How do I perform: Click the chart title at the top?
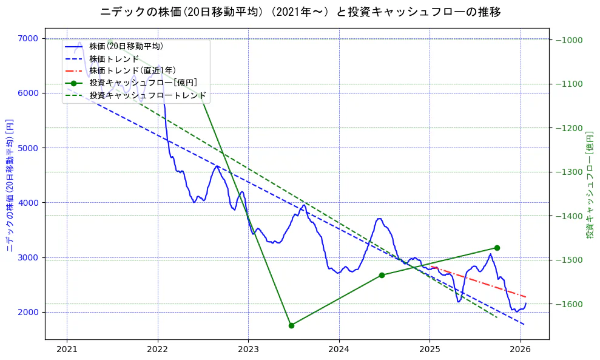[x=300, y=12]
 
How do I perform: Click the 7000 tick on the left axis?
[x=29, y=38]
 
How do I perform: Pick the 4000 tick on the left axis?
[x=29, y=203]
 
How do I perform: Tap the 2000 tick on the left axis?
[x=29, y=312]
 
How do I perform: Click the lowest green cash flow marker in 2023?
[x=291, y=325]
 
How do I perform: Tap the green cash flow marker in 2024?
[x=382, y=275]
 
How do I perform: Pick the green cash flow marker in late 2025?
[x=497, y=248]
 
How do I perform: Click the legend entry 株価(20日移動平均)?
[x=126, y=46]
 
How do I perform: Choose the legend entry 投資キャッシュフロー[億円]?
[x=143, y=83]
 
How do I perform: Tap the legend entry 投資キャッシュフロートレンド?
[x=147, y=96]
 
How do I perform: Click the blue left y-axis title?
[x=9, y=185]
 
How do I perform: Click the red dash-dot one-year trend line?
[x=479, y=282]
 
